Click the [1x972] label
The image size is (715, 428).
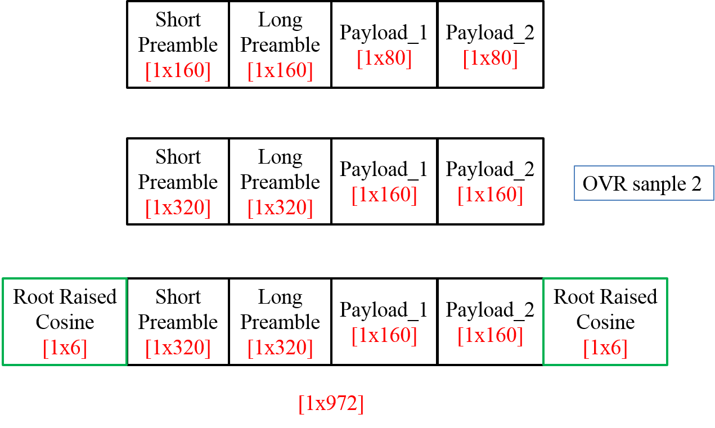tap(331, 404)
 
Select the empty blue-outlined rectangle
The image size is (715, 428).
tap(644, 183)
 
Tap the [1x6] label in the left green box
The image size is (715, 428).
tap(65, 348)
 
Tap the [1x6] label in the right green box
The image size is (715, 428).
tap(605, 348)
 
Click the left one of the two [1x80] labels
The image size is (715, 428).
tap(384, 58)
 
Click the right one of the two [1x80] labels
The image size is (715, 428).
tap(490, 58)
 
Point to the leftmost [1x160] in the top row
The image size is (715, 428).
tap(178, 71)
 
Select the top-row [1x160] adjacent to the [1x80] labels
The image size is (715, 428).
tap(280, 71)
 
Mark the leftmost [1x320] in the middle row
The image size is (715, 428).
tap(178, 208)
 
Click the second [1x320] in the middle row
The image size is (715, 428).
tap(280, 208)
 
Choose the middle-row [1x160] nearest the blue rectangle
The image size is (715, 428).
tap(490, 195)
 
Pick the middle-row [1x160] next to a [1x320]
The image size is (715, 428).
tap(384, 195)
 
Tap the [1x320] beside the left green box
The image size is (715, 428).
tap(178, 348)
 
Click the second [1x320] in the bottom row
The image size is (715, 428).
tap(280, 348)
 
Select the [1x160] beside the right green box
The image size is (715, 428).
tap(490, 336)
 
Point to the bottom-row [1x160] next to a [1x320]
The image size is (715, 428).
tap(384, 336)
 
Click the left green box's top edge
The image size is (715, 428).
tap(65, 278)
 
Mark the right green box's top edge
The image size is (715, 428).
tap(605, 278)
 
